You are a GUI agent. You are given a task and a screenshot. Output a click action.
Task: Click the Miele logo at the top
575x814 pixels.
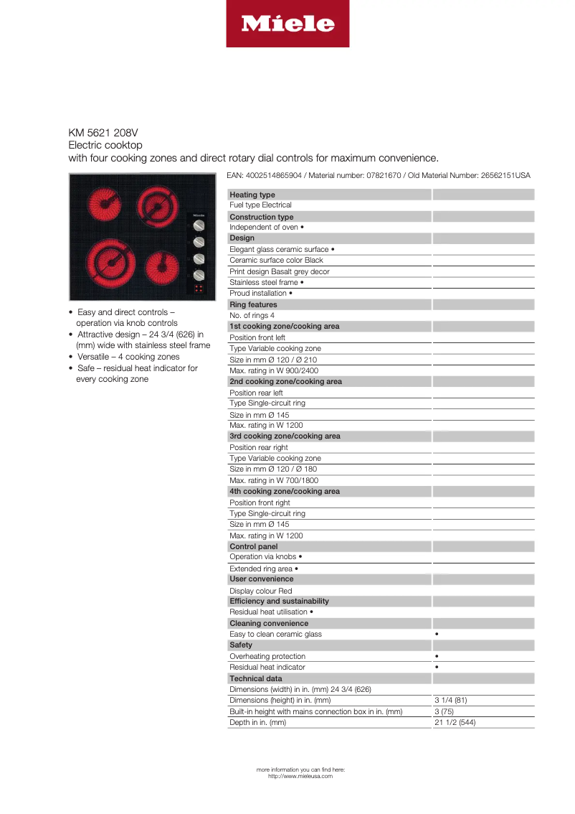pyautogui.click(x=287, y=24)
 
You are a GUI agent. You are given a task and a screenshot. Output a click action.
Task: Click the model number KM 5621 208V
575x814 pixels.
pyautogui.click(x=103, y=133)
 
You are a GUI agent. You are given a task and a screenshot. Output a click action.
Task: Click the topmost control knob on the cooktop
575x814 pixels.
pyautogui.click(x=199, y=227)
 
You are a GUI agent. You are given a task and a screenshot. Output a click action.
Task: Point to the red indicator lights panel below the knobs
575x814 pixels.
pyautogui.click(x=199, y=289)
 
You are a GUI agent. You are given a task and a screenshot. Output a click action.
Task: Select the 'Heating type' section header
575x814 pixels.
pyautogui.click(x=252, y=195)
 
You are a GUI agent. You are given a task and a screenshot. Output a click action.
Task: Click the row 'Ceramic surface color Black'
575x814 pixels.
pyautogui.click(x=276, y=260)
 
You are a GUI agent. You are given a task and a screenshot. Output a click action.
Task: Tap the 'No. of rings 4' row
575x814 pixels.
pyautogui.click(x=252, y=315)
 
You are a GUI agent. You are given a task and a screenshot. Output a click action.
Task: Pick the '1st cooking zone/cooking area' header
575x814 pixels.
pyautogui.click(x=285, y=326)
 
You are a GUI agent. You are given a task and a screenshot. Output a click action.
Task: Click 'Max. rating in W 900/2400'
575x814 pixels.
pyautogui.click(x=274, y=370)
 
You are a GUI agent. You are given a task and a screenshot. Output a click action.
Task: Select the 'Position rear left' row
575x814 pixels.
pyautogui.click(x=256, y=393)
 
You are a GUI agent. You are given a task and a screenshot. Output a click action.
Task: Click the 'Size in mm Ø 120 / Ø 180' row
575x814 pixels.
pyautogui.click(x=273, y=469)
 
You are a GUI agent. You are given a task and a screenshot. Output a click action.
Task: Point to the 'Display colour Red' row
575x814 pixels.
pyautogui.click(x=260, y=591)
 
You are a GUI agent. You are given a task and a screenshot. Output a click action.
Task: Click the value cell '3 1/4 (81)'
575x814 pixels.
pyautogui.click(x=451, y=700)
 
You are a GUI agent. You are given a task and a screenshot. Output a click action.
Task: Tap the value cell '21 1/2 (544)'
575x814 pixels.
pyautogui.click(x=455, y=722)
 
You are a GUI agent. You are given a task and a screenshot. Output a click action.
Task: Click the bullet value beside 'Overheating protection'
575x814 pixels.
pyautogui.click(x=437, y=656)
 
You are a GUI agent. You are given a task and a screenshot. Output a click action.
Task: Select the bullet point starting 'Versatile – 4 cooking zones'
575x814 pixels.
pyautogui.click(x=128, y=357)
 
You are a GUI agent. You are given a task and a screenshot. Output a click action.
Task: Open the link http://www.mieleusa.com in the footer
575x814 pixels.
pyautogui.click(x=300, y=776)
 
